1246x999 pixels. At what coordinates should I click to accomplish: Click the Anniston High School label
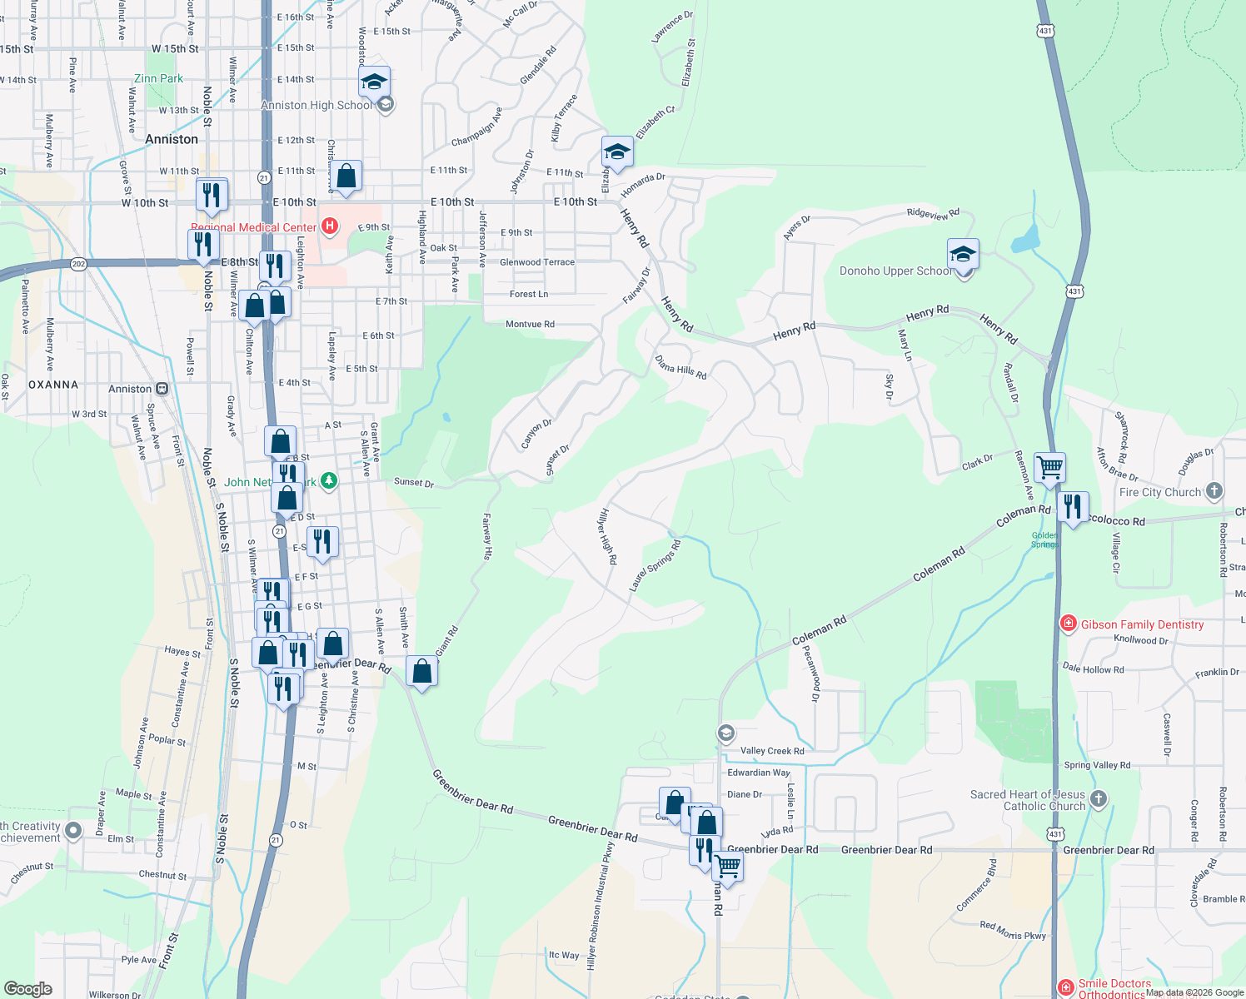[x=316, y=106]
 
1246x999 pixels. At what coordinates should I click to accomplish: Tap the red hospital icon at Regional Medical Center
[x=330, y=226]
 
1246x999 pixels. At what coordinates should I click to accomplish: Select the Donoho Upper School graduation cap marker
[x=963, y=254]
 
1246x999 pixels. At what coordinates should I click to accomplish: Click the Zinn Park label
[x=158, y=79]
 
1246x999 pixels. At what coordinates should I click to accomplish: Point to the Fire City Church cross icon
[x=1214, y=491]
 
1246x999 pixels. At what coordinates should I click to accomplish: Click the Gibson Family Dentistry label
[x=1142, y=624]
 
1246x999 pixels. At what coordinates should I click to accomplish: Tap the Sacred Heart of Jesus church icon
[x=1099, y=799]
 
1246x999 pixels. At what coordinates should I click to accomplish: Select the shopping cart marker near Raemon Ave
[x=1049, y=468]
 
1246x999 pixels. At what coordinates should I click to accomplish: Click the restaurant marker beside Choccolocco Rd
[x=1073, y=507]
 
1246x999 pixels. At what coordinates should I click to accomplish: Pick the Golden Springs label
[x=1044, y=540]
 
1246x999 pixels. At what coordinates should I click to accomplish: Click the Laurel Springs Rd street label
[x=655, y=566]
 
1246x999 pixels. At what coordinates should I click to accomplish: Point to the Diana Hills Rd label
[x=680, y=368]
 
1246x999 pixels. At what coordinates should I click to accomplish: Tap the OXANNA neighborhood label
[x=53, y=385]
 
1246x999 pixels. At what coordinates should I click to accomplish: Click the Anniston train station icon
[x=162, y=389]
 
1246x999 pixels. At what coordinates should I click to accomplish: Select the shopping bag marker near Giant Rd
[x=422, y=671]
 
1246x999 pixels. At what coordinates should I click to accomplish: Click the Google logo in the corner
[x=28, y=989]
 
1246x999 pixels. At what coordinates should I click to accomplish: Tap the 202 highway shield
[x=78, y=264]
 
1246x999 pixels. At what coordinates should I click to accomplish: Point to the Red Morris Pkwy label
[x=1013, y=931]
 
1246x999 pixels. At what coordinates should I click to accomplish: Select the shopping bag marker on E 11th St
[x=346, y=176]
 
